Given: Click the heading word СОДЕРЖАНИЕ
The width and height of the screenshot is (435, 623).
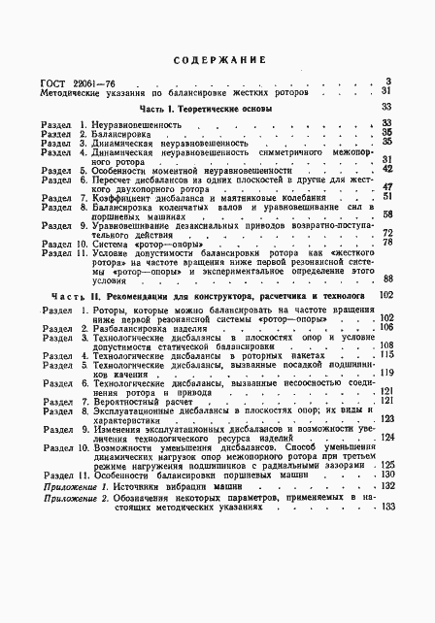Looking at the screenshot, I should pos(217,60).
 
